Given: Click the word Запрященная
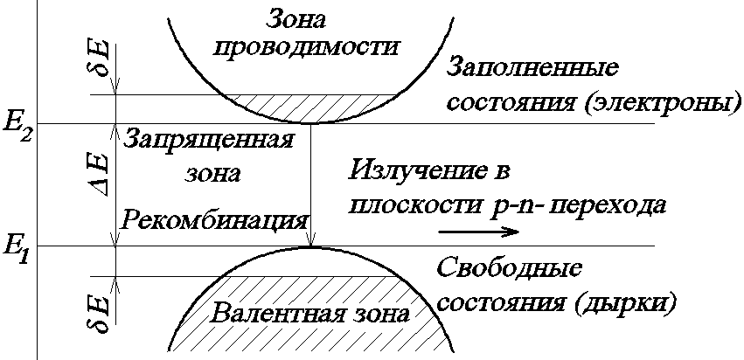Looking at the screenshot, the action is point(207,140).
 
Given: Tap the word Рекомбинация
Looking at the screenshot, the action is point(215,218).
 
